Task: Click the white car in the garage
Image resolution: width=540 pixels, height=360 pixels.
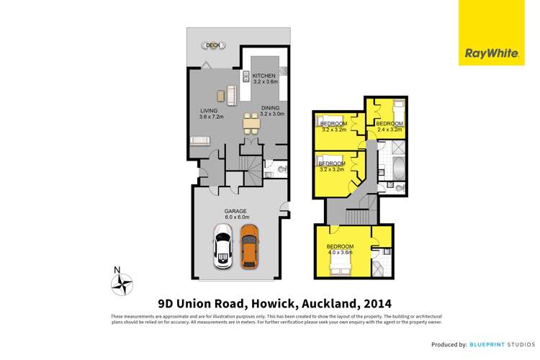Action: tap(223, 246)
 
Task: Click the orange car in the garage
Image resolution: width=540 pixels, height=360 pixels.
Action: tap(249, 246)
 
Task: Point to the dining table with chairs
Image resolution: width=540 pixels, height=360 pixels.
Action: tap(251, 125)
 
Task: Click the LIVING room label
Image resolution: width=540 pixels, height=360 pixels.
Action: tap(210, 110)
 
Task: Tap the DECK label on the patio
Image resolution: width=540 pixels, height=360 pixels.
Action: tap(212, 45)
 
